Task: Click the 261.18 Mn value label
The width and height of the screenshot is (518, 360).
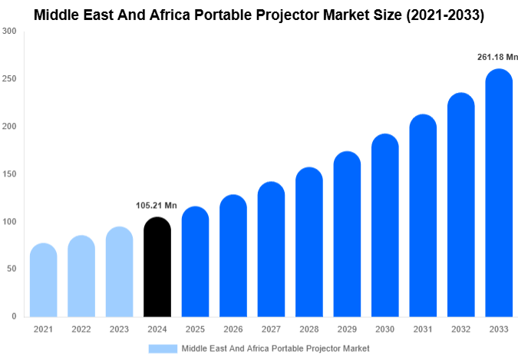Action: pyautogui.click(x=497, y=57)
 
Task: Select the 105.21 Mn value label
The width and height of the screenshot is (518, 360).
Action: pyautogui.click(x=157, y=205)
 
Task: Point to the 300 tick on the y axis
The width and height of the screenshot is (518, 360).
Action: pyautogui.click(x=9, y=31)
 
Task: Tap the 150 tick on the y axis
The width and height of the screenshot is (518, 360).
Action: pyautogui.click(x=9, y=174)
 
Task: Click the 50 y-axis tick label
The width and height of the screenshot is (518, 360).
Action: pyautogui.click(x=12, y=269)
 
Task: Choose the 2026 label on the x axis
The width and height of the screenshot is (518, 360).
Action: pyautogui.click(x=233, y=329)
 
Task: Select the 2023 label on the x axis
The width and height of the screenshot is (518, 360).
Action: pyautogui.click(x=119, y=329)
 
